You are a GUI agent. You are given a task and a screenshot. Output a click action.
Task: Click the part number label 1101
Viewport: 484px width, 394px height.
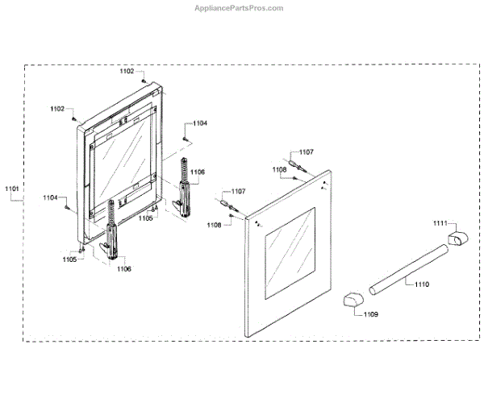tap(12, 190)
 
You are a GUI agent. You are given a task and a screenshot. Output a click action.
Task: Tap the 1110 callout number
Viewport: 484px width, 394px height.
tap(423, 284)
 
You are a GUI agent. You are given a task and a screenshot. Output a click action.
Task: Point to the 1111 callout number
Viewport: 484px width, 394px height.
tap(439, 223)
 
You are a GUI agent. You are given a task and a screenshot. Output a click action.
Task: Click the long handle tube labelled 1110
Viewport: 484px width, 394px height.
tap(407, 272)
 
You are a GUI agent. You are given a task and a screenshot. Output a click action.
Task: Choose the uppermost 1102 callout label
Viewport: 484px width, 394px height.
tap(127, 72)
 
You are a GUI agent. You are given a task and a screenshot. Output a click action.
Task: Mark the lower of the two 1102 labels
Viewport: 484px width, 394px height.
tap(57, 108)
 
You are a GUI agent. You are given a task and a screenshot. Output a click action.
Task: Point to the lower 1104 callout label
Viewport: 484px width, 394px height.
tap(51, 198)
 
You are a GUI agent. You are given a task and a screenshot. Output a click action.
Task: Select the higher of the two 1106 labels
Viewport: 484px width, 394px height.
tap(198, 172)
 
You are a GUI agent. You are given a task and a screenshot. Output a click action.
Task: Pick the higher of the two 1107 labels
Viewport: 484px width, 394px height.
tap(307, 151)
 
